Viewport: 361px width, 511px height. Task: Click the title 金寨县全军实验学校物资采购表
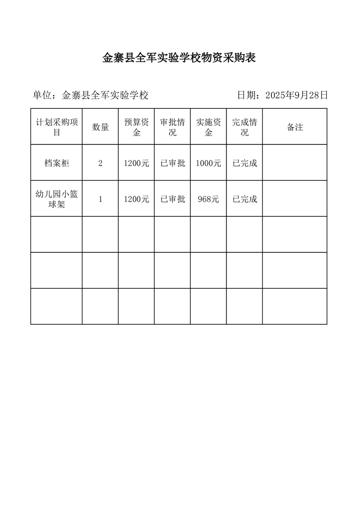(x=179, y=58)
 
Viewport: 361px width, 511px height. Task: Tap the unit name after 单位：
(x=105, y=95)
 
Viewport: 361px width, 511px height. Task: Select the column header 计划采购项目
(x=56, y=127)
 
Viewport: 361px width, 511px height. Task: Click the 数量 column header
(x=100, y=127)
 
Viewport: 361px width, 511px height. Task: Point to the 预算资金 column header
(x=136, y=127)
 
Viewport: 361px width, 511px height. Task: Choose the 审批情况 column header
(x=173, y=127)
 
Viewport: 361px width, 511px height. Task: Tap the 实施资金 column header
(x=208, y=127)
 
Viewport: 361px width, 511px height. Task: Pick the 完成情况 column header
(x=244, y=127)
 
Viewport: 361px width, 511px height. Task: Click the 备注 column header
(x=295, y=127)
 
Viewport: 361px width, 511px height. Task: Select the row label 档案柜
(x=56, y=163)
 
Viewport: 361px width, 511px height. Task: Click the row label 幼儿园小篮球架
(x=56, y=199)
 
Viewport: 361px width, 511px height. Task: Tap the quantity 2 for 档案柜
(x=100, y=163)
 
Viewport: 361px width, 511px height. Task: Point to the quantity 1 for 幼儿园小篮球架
(x=100, y=199)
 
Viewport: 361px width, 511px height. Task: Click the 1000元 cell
(x=208, y=163)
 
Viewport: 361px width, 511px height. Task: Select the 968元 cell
(x=208, y=199)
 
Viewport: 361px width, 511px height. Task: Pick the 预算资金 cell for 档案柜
(x=136, y=163)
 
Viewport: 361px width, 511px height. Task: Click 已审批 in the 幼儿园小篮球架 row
(x=173, y=199)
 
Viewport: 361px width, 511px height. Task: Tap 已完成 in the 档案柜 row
(x=244, y=163)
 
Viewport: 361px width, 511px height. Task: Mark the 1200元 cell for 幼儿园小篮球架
(x=136, y=199)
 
